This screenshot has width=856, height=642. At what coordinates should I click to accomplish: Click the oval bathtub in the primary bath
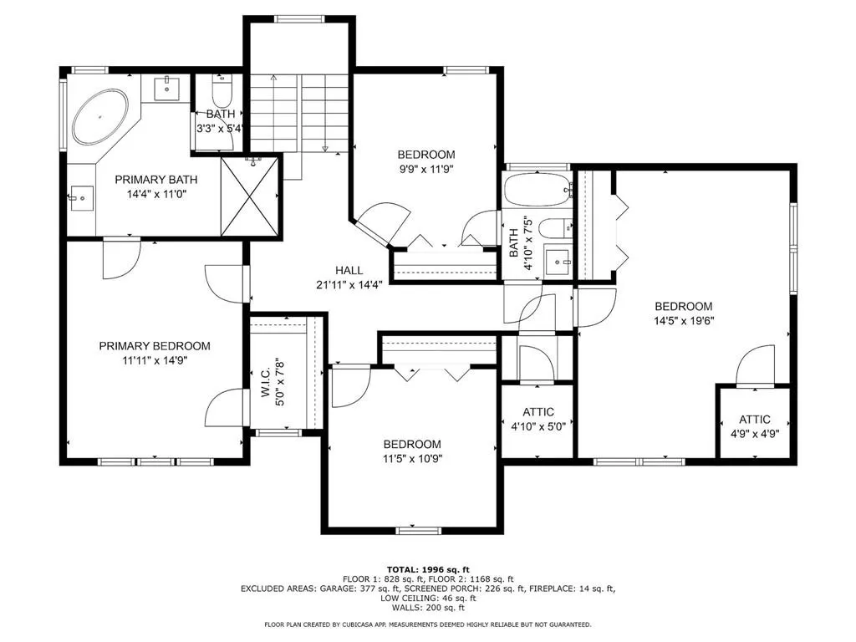pyautogui.click(x=100, y=117)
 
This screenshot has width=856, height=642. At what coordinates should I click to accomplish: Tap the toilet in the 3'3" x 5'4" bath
pyautogui.click(x=222, y=92)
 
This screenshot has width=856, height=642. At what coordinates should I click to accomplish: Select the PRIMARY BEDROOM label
pyautogui.click(x=155, y=345)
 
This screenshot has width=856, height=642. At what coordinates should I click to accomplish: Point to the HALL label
pyautogui.click(x=349, y=270)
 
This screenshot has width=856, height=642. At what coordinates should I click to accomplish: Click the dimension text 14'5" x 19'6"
pyautogui.click(x=684, y=321)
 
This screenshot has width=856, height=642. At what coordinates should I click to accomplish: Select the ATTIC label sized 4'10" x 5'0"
pyautogui.click(x=538, y=412)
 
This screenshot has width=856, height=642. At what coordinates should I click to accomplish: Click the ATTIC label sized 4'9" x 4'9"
pyautogui.click(x=755, y=420)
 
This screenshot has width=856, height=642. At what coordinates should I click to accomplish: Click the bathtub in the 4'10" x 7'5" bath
pyautogui.click(x=538, y=189)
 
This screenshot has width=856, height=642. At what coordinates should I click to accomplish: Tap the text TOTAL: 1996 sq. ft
pyautogui.click(x=428, y=569)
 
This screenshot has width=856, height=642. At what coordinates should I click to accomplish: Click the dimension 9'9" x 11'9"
pyautogui.click(x=426, y=169)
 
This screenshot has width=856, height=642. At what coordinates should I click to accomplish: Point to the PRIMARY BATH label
pyautogui.click(x=156, y=180)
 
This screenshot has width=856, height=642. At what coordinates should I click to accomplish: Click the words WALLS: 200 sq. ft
pyautogui.click(x=428, y=607)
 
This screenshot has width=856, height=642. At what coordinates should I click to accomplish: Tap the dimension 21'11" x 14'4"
pyautogui.click(x=349, y=284)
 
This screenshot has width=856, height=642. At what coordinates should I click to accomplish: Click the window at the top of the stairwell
pyautogui.click(x=300, y=19)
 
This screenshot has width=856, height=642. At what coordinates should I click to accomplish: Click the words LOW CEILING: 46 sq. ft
pyautogui.click(x=428, y=598)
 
